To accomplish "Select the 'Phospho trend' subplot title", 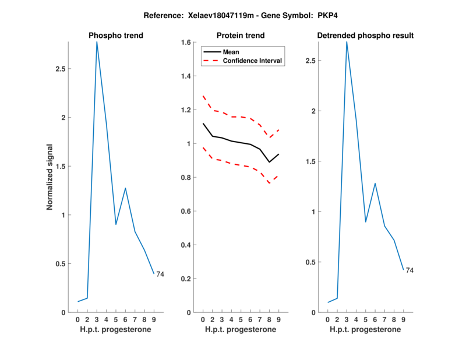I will click(x=116, y=36).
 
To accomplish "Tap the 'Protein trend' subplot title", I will click(x=241, y=36).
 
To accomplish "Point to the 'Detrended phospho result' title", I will click(x=365, y=36).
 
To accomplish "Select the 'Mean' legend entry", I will click(x=231, y=52).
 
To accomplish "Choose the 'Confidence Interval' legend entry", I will click(x=253, y=61).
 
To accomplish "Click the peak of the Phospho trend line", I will click(x=97, y=41).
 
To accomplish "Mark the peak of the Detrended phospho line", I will click(x=347, y=41).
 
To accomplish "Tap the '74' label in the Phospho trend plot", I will click(x=160, y=274).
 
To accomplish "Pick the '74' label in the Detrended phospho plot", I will click(x=410, y=270).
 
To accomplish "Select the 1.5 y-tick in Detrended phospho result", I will click(x=309, y=161).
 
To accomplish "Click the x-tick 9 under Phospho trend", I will click(x=154, y=319).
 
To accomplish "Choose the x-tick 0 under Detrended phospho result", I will click(x=328, y=319).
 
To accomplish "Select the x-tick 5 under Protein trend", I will click(x=241, y=319).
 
